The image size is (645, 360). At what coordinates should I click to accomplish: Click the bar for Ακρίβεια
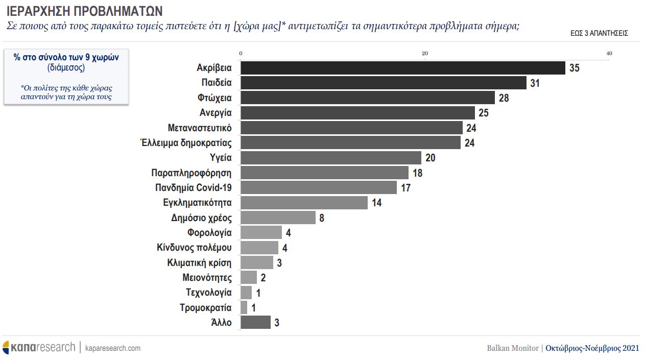[x=402, y=68]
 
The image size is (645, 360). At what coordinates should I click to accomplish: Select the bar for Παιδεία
[x=383, y=83]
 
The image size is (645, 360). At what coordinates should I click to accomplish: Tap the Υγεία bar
[x=330, y=158]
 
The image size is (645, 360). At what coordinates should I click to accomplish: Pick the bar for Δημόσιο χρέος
[x=278, y=218]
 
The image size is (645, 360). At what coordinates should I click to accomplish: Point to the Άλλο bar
[x=255, y=323]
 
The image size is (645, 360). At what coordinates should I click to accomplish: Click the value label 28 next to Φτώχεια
[x=504, y=98]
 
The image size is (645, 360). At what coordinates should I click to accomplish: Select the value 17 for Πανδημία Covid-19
[x=405, y=188]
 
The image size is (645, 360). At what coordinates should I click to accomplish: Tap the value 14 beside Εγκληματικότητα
[x=376, y=203]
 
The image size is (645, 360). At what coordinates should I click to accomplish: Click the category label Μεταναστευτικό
[x=200, y=128]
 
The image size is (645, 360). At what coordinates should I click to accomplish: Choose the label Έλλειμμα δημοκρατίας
[x=186, y=142]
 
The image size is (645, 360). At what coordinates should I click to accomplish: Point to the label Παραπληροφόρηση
[x=192, y=173]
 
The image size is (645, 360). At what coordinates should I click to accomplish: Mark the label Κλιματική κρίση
[x=199, y=263]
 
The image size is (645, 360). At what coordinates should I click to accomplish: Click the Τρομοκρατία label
[x=206, y=308]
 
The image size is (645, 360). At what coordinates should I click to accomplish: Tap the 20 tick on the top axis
[x=424, y=54]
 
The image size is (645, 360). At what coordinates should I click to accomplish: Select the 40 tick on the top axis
[x=609, y=54]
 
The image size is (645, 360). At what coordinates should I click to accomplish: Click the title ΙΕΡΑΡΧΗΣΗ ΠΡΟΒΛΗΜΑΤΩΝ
[x=85, y=10]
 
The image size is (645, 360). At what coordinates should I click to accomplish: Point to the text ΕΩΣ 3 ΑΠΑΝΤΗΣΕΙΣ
[x=599, y=33]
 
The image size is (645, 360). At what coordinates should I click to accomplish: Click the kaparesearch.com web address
[x=112, y=348]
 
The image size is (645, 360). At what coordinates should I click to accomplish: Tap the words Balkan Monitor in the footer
[x=512, y=348]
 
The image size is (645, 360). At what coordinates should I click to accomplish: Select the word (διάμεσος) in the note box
[x=66, y=67]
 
